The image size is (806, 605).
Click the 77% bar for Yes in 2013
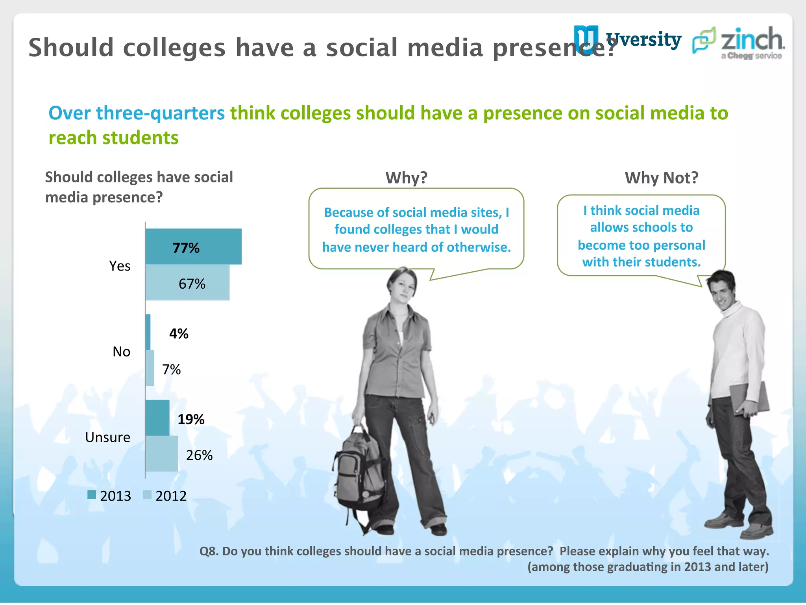(193, 247)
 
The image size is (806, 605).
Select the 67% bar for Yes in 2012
(187, 283)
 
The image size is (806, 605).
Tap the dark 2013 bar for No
(148, 332)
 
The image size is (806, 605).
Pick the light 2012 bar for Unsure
(162, 454)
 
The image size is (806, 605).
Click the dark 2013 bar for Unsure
(157, 418)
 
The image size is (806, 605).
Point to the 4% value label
(179, 334)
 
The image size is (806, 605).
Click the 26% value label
(199, 455)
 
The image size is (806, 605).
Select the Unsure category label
(107, 437)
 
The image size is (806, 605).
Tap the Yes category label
(120, 266)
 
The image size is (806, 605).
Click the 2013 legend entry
(109, 496)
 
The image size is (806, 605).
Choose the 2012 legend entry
(165, 496)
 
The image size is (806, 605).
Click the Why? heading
(406, 178)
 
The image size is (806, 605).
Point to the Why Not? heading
(661, 178)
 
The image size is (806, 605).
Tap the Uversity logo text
(643, 40)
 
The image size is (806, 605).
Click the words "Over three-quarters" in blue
(137, 113)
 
